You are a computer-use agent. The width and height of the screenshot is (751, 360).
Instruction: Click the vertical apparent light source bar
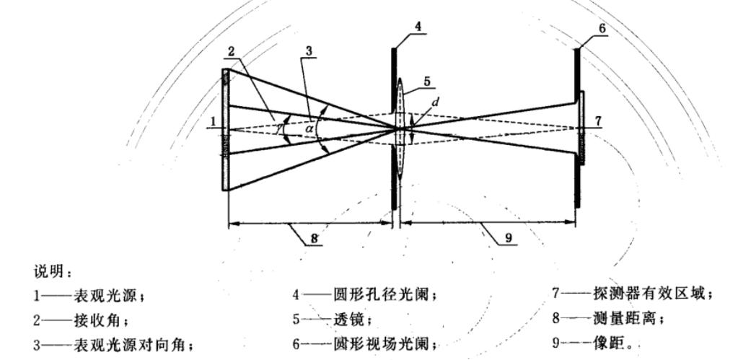point(226,130)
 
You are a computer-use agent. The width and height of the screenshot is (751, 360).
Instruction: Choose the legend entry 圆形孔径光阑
point(368,294)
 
